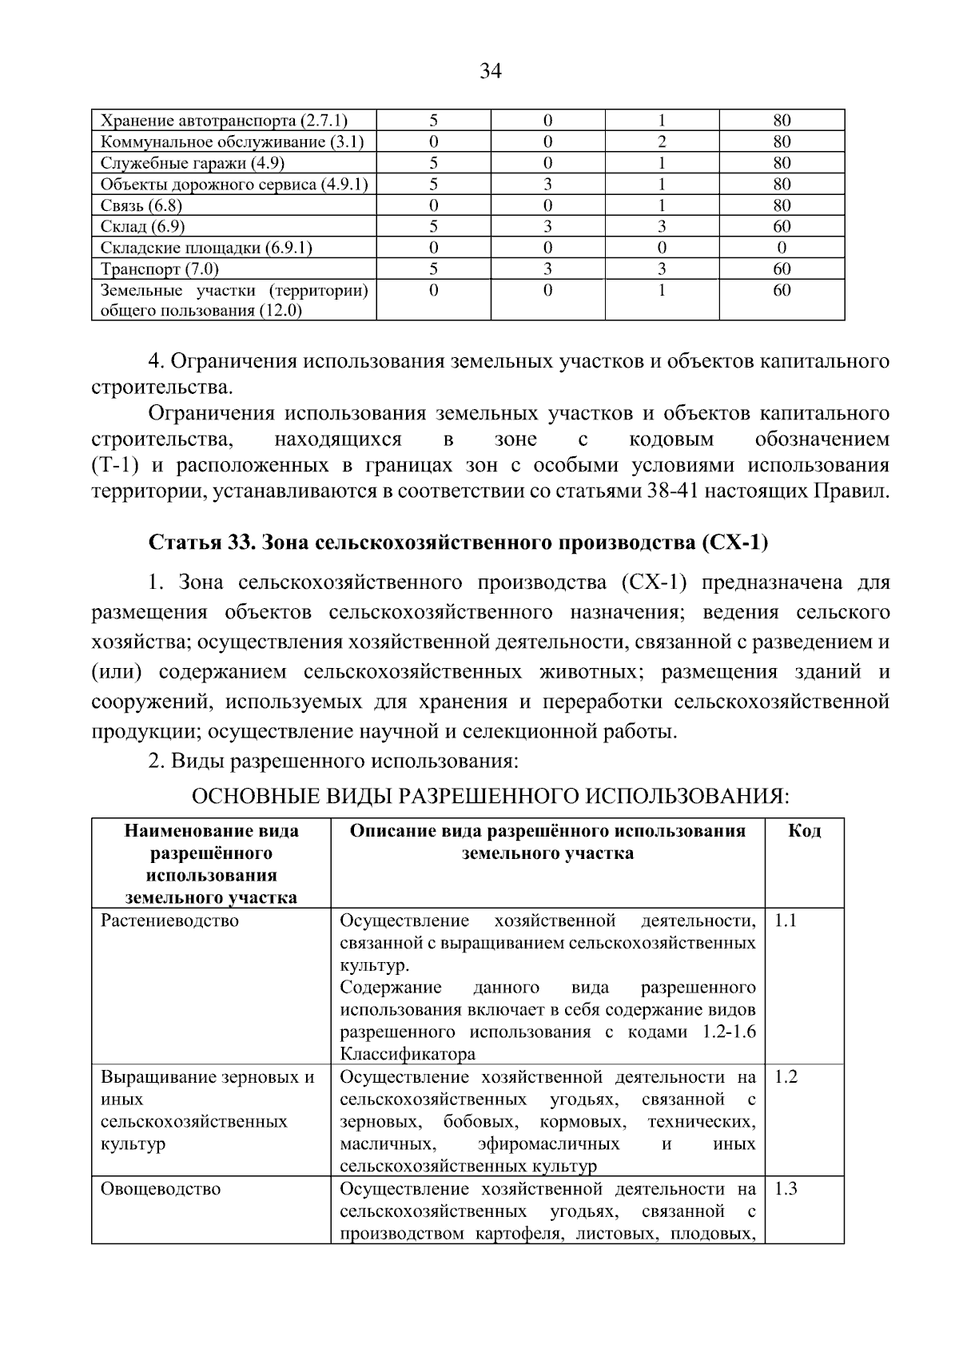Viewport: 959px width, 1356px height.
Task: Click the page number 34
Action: tap(490, 72)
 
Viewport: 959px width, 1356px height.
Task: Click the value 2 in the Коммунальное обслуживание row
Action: tap(662, 142)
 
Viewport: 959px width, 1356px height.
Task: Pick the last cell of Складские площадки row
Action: tap(782, 248)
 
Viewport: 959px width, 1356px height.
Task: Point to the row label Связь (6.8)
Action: tap(142, 205)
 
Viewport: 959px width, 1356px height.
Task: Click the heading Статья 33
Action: tap(200, 543)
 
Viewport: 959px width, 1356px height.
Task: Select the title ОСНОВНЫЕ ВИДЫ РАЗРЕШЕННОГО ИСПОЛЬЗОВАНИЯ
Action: tap(491, 797)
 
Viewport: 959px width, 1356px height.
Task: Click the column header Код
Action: tap(804, 831)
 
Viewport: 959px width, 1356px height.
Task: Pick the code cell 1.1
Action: tap(786, 921)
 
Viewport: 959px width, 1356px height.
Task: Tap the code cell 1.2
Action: tap(786, 1077)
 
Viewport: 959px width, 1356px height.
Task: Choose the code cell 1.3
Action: tap(786, 1189)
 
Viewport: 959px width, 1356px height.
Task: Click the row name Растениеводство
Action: tap(169, 921)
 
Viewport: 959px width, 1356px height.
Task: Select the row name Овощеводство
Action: tap(161, 1189)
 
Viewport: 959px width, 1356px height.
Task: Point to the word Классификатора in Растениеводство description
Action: tap(408, 1054)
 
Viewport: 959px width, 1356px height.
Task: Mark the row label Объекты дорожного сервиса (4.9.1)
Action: tap(234, 185)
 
